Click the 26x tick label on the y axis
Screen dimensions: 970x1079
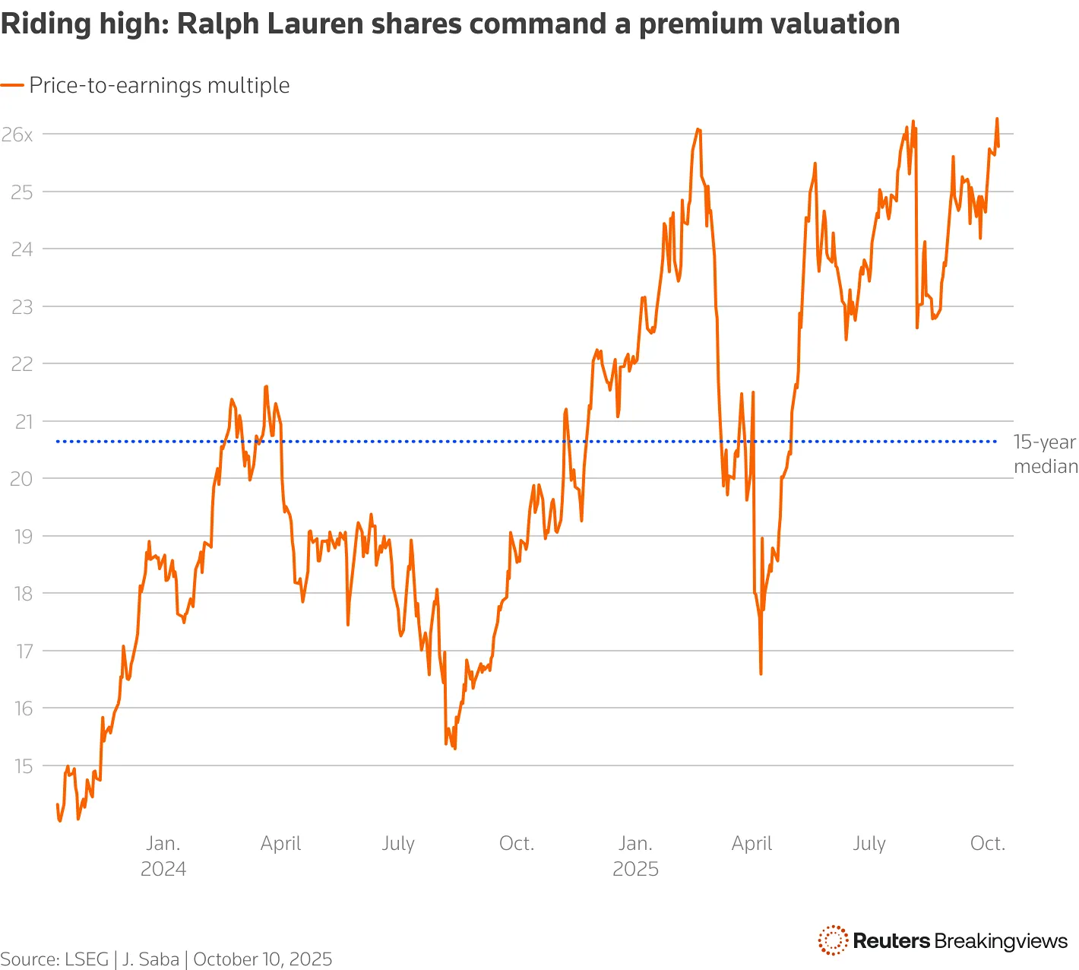pos(17,135)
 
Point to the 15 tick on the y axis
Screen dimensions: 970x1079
pos(22,766)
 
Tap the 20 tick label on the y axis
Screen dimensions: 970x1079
pos(22,479)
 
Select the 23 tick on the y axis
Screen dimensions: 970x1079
pos(22,306)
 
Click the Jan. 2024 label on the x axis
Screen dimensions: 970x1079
pos(163,855)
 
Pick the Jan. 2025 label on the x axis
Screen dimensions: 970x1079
pos(635,855)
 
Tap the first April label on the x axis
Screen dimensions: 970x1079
pos(281,843)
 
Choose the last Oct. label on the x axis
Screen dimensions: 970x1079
pos(988,843)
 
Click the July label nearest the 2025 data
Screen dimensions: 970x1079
pos(869,843)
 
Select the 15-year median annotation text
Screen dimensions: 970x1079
pos(1046,454)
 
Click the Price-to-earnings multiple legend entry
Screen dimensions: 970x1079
pos(160,85)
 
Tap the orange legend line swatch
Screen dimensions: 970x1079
pos(12,85)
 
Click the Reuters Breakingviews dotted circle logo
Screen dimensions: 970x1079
pos(833,940)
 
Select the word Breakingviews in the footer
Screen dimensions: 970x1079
pos(1001,941)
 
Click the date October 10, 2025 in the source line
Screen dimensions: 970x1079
pos(263,959)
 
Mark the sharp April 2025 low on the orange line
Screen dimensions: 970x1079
pos(761,673)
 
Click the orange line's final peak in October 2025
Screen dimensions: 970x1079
pos(997,119)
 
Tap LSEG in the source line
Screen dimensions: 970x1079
pos(87,959)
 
